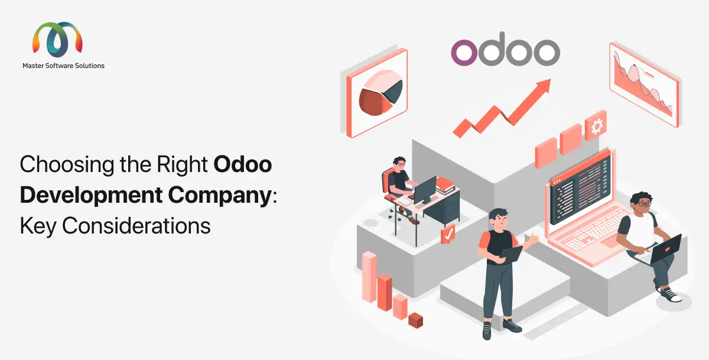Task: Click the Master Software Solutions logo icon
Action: [x=57, y=40]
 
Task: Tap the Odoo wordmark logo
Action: [x=505, y=52]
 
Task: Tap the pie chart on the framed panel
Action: [x=381, y=93]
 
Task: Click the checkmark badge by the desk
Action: [x=448, y=234]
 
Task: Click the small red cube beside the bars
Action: [x=416, y=320]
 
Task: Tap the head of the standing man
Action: [x=496, y=217]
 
